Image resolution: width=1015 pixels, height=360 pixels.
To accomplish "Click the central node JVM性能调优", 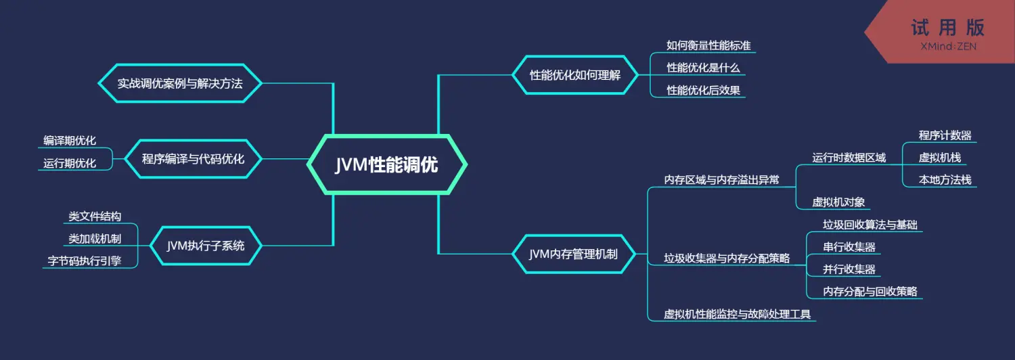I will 386,164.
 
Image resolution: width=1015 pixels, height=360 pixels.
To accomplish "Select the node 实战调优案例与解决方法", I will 180,83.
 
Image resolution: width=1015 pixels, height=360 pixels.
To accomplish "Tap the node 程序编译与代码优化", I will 193,159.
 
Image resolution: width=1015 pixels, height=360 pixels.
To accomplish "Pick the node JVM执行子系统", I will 206,246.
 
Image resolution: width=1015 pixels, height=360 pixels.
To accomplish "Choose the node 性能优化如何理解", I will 575,75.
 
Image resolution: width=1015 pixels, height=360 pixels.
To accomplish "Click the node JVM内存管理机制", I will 574,254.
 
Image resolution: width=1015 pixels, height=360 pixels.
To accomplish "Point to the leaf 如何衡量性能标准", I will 708,45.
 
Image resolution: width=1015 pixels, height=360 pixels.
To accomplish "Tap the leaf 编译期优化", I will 70,141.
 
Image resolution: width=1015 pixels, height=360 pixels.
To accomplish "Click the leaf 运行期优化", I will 70,163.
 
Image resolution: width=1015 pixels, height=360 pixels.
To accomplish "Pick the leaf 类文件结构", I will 95,217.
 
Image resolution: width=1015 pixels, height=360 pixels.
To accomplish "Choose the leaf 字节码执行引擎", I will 85,261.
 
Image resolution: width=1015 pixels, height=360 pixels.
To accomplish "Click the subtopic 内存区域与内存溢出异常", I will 721,180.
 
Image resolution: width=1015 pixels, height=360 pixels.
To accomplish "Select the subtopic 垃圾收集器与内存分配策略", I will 726,258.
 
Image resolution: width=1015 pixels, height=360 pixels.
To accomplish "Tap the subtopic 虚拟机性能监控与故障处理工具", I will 737,314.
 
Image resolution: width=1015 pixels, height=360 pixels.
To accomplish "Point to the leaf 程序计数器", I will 945,135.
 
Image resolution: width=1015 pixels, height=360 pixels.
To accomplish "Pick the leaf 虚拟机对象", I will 839,202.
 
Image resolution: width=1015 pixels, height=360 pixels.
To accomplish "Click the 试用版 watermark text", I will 947,28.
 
